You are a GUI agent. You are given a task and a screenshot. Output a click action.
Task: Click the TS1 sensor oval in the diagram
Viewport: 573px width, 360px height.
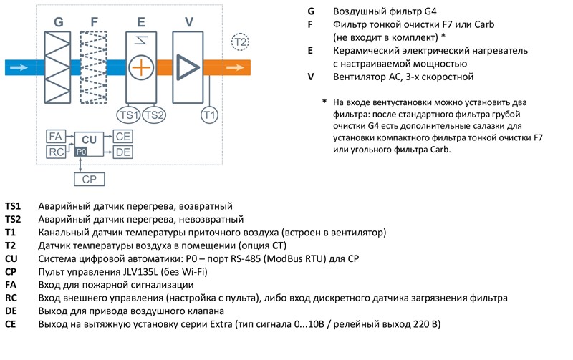pos(129,115)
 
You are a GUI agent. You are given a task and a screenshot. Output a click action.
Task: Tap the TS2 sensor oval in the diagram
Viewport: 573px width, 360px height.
pos(154,115)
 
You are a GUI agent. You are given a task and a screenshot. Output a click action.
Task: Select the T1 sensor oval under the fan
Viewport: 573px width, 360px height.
pos(209,115)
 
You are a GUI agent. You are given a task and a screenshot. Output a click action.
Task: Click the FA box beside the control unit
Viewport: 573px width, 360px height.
pos(56,136)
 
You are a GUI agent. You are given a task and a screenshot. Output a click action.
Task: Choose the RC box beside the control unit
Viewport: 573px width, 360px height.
pos(56,152)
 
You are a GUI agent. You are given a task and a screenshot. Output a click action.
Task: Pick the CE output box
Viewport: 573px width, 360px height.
pos(122,136)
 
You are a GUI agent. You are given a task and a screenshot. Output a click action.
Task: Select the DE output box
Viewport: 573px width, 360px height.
pos(122,152)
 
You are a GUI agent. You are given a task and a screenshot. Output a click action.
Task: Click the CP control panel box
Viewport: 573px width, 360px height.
pos(89,179)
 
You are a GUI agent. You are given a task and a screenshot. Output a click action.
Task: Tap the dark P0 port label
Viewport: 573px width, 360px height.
pos(81,152)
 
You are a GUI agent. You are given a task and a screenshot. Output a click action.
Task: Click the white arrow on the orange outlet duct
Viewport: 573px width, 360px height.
pos(234,68)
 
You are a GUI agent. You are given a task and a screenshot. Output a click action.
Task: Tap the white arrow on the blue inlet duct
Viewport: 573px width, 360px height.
pos(21,68)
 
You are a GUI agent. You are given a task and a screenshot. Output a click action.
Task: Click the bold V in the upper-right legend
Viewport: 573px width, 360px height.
pos(310,77)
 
